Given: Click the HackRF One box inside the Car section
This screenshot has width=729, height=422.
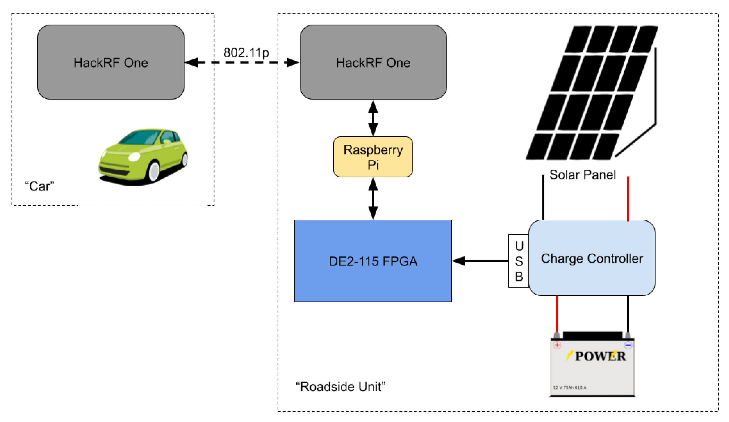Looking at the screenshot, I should click(111, 62).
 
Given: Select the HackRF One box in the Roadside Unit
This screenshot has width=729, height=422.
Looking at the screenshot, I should click(373, 62).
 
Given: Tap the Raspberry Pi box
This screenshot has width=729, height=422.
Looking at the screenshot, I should click(373, 157).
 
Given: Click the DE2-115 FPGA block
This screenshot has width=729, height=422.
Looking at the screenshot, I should click(373, 261).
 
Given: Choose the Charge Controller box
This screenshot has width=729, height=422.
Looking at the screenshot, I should click(592, 258).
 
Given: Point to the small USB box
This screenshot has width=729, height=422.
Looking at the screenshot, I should click(519, 261).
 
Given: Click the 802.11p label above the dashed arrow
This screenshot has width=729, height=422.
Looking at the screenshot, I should click(246, 53).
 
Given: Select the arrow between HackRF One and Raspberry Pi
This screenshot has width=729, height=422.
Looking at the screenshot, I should click(373, 118).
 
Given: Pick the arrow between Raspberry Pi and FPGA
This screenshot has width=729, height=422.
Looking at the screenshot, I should click(373, 199).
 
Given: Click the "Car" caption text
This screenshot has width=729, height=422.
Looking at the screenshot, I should click(40, 186).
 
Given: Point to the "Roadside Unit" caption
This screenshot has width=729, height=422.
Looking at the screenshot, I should click(341, 386).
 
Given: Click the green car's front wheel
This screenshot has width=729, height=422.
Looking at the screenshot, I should click(154, 171).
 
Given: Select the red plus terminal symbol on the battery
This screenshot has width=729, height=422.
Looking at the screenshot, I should click(557, 345).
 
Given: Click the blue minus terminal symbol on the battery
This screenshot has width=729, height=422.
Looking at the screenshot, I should click(628, 345).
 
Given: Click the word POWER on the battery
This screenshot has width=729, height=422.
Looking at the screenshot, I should click(600, 356).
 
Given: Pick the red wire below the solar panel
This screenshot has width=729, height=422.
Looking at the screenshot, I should click(628, 199).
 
